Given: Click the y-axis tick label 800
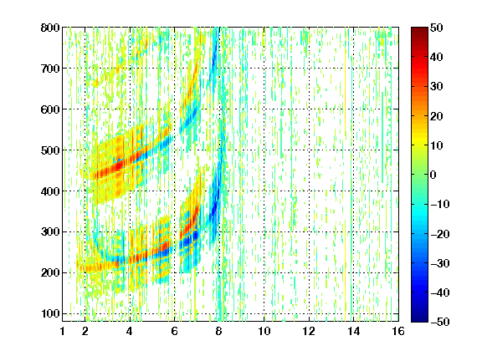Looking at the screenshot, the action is point(50,28).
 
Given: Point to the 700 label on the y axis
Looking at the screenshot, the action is point(50,69).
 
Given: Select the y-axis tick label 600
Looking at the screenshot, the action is point(50,109).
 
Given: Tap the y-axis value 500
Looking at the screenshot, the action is point(50,150).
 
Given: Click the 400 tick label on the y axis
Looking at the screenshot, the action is point(50,191).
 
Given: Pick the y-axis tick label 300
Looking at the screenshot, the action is point(50,232).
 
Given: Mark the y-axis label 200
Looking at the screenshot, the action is point(50,273).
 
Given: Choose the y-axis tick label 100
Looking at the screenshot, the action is point(50,313).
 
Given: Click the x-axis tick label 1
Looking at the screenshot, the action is point(63,332).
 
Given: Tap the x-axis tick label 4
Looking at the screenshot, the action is point(130,332).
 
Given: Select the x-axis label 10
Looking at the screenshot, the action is point(264,332).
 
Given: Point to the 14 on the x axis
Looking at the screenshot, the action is point(354,332).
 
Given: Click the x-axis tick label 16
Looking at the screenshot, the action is point(398,332).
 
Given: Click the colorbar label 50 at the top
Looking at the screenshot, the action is point(437,28).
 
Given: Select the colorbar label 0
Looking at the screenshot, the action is point(433,175).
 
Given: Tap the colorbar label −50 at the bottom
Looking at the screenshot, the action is point(439,322).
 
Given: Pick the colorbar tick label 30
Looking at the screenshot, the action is point(437,87).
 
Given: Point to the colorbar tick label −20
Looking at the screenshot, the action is point(439,234).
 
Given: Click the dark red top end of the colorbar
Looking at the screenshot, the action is point(419,28).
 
